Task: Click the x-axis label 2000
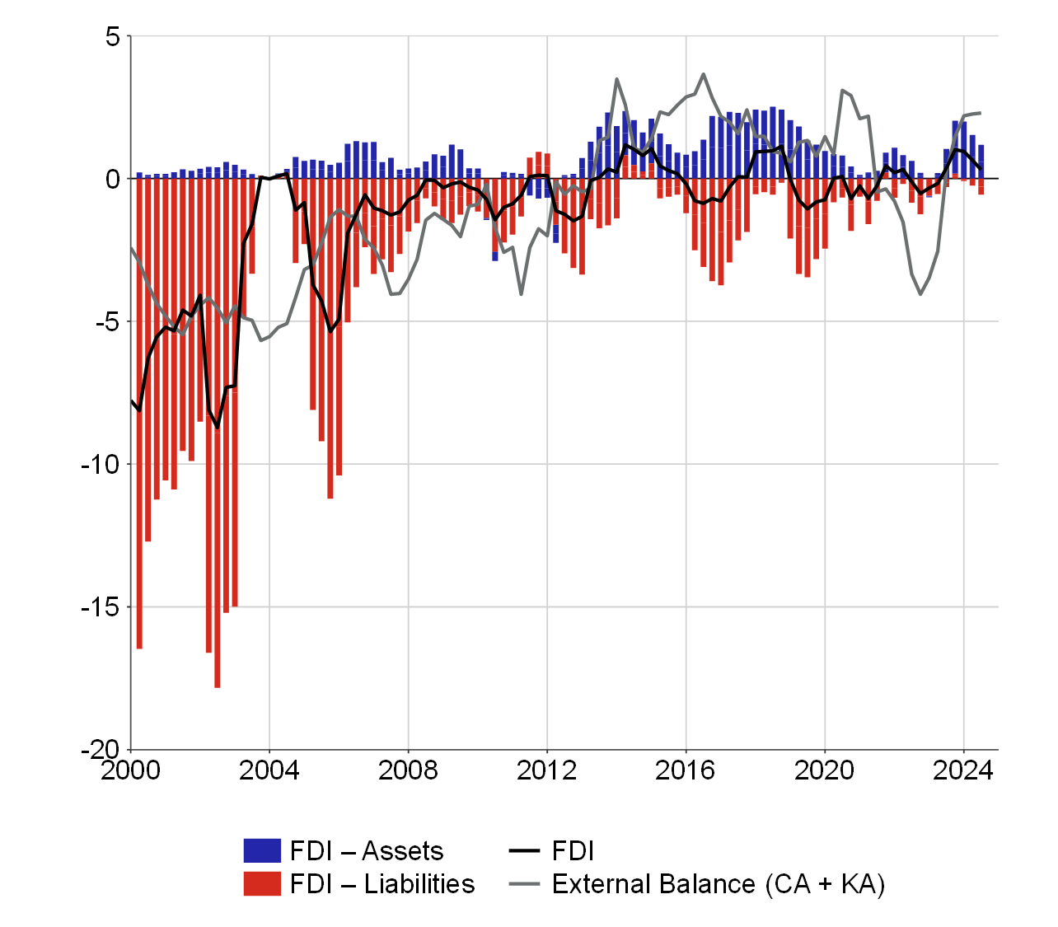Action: click(132, 770)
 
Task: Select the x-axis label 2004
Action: click(269, 770)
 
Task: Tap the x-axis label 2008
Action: click(408, 770)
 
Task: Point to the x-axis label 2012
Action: click(547, 770)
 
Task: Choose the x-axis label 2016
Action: click(686, 770)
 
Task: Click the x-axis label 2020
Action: click(825, 770)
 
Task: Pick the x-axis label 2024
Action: click(963, 770)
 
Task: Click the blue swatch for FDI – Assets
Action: click(262, 851)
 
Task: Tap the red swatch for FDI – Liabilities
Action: click(262, 884)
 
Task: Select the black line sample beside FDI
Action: click(524, 851)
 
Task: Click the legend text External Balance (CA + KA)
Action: click(719, 884)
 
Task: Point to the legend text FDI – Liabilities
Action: click(382, 884)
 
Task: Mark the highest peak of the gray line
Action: click(703, 74)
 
